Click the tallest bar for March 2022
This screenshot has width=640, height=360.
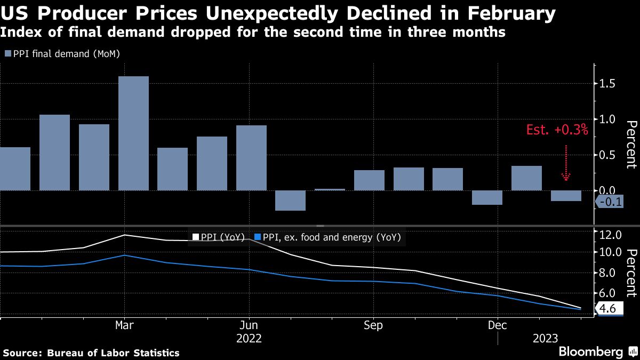[133, 133]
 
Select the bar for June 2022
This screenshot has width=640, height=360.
[251, 158]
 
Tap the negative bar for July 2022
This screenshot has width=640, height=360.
[290, 201]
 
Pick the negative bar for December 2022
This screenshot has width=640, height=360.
[487, 197]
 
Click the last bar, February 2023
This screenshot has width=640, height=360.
[566, 196]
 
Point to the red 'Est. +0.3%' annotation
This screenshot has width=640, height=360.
[557, 130]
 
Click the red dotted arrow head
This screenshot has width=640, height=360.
[566, 177]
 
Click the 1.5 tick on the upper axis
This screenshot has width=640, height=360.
[607, 84]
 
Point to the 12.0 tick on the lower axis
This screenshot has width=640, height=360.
[611, 235]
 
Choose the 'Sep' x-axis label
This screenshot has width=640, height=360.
[373, 325]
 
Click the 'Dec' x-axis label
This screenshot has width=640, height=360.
[497, 325]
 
